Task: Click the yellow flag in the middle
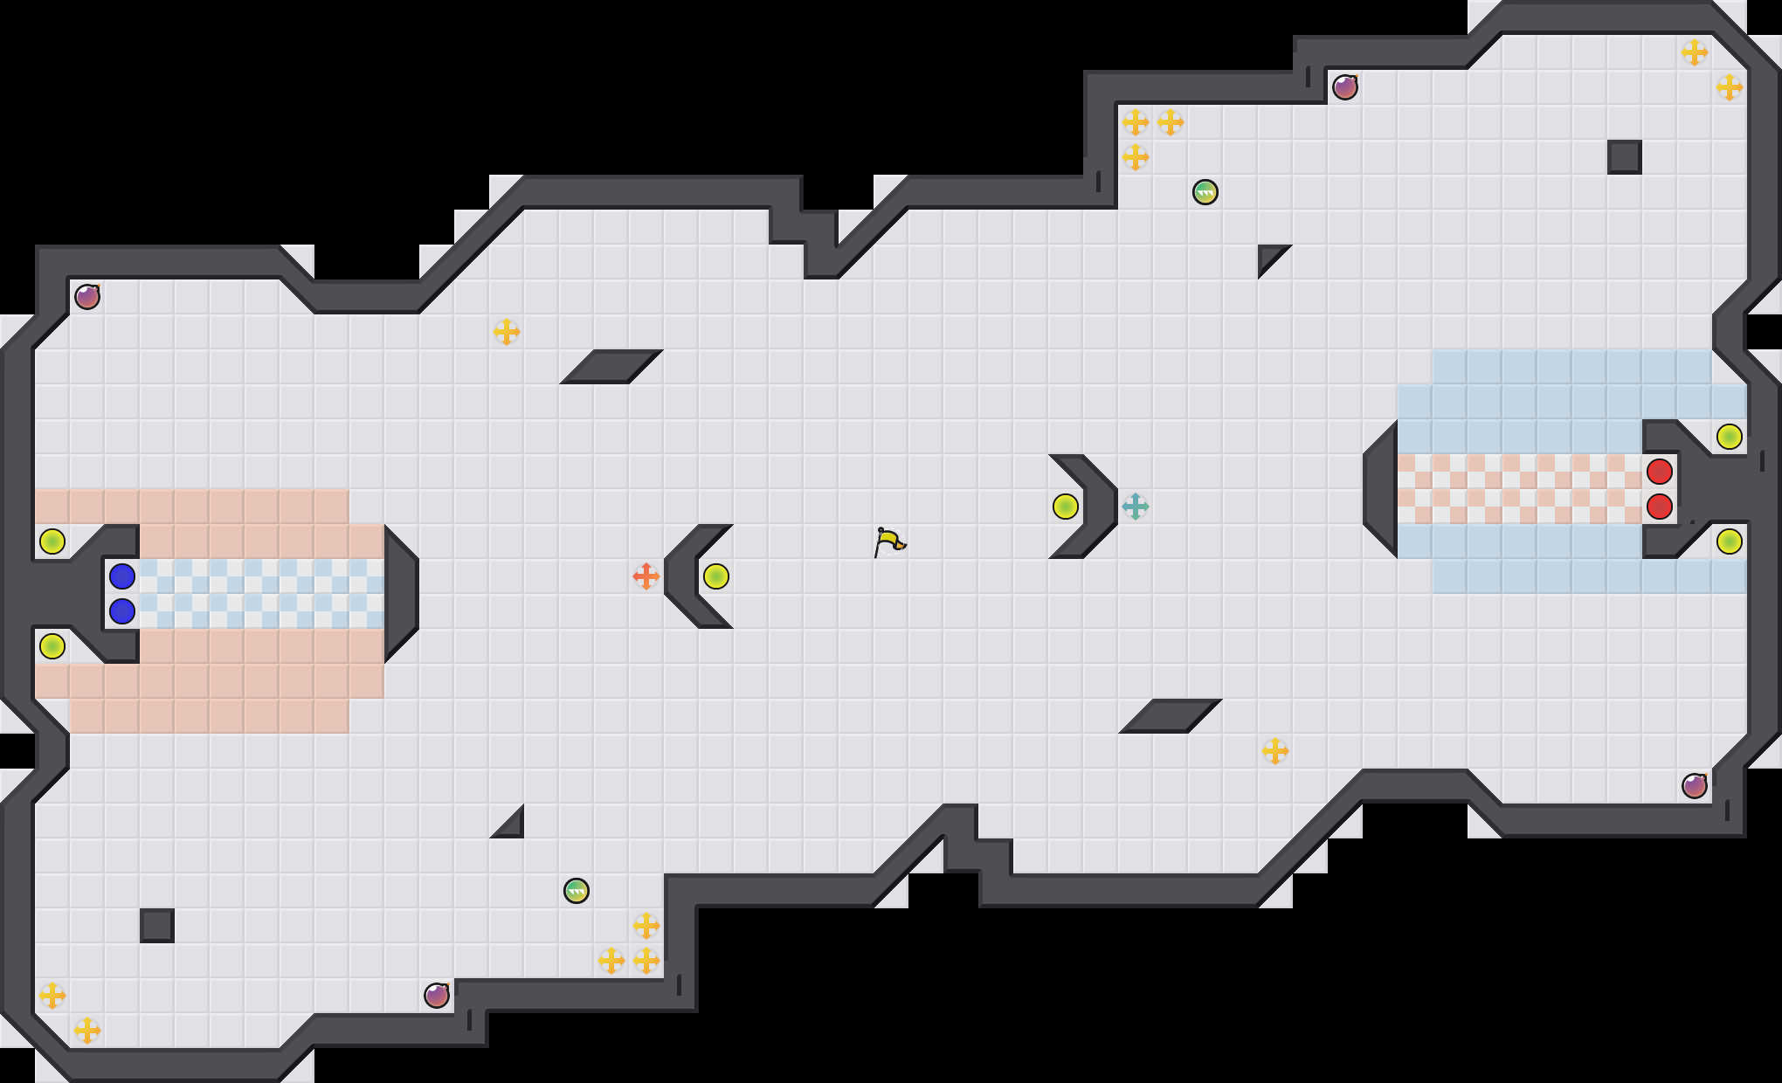(889, 541)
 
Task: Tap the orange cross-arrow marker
(646, 576)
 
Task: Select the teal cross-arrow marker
(1135, 507)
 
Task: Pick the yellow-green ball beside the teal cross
(1065, 507)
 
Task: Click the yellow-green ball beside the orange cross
(715, 576)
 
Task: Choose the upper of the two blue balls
(121, 576)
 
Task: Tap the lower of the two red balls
(1659, 507)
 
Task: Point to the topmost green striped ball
(1205, 192)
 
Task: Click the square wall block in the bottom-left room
(157, 926)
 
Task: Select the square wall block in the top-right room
(1624, 157)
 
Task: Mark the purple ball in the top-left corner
(87, 297)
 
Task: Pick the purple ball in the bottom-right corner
(1694, 786)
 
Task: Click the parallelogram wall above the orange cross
(611, 367)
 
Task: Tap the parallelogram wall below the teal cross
(1171, 716)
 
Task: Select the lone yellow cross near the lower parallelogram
(1274, 751)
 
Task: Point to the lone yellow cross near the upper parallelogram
(506, 332)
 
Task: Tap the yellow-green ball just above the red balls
(1729, 437)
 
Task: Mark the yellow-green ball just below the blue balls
(52, 646)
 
